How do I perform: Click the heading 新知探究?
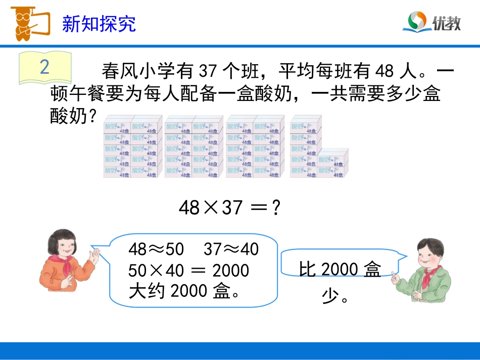point(99,24)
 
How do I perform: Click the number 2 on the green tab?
point(44,67)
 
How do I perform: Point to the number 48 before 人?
point(385,71)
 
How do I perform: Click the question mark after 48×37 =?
point(276,208)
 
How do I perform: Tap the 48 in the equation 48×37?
point(189,208)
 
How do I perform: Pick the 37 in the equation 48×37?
point(231,208)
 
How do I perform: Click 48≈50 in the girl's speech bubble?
point(156,249)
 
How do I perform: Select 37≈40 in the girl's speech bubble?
point(231,249)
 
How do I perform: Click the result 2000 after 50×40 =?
point(231,271)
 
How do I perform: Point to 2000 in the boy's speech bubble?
point(340,270)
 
